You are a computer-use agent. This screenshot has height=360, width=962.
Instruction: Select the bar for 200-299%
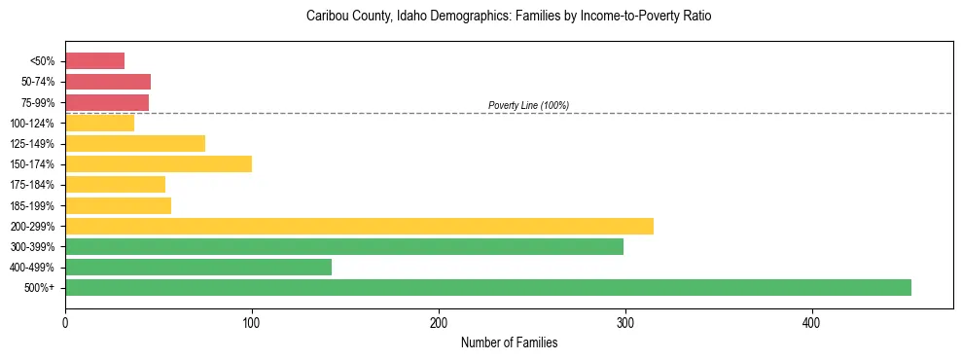[359, 226]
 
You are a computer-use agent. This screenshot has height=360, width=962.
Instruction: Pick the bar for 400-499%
[198, 267]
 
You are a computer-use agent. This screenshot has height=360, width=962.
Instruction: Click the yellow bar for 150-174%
[159, 163]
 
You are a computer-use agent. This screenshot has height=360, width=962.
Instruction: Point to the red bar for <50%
[94, 60]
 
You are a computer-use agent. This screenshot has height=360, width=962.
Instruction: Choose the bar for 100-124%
[99, 123]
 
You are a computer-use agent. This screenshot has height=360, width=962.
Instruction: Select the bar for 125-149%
[135, 143]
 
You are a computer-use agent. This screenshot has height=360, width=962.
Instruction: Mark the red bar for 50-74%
[108, 81]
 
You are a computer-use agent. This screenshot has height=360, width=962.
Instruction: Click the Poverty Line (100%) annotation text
[528, 105]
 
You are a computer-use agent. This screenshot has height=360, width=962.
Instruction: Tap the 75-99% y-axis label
[38, 102]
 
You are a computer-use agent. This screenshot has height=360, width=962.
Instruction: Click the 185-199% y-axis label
[33, 205]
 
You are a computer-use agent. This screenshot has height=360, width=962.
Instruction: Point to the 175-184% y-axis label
[33, 185]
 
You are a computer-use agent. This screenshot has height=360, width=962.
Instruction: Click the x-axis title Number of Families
[509, 342]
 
